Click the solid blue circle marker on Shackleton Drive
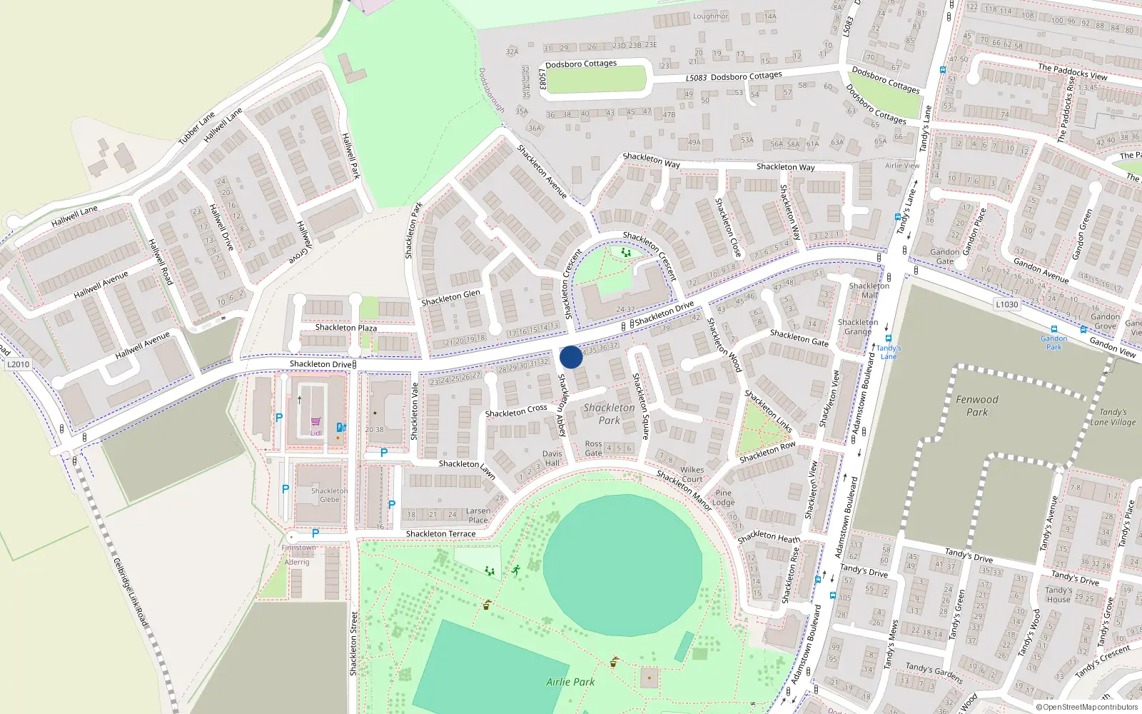tap(571, 357)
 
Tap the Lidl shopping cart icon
tap(315, 422)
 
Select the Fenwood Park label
tap(977, 406)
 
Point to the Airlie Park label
tap(570, 682)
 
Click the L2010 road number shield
tap(19, 364)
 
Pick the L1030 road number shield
tap(1006, 304)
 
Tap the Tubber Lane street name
tap(196, 128)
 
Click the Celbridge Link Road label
tap(131, 593)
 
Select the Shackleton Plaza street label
tap(345, 328)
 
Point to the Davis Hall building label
tap(552, 458)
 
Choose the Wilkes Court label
tap(692, 475)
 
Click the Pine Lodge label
tap(723, 498)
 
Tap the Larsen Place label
tap(478, 516)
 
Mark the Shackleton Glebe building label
tap(329, 495)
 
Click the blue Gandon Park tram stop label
tap(1053, 343)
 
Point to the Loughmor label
tap(710, 16)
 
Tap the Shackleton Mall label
tap(869, 290)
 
